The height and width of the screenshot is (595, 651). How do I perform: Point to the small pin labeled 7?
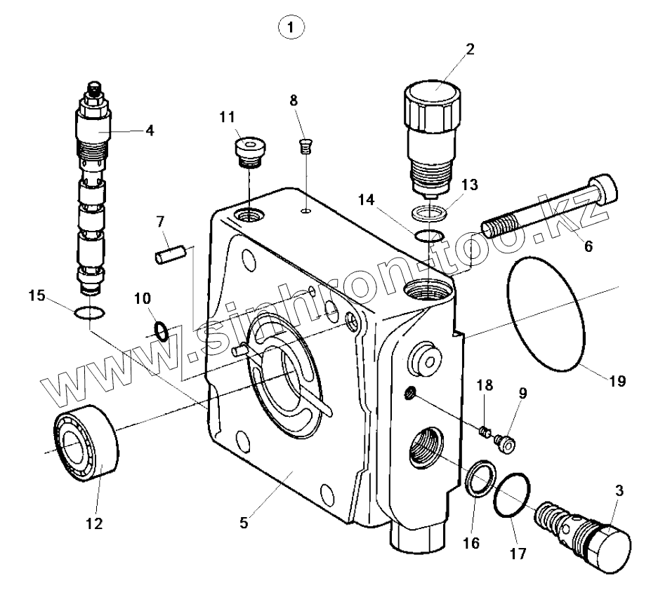tap(169, 251)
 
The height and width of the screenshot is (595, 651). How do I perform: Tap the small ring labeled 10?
tap(161, 329)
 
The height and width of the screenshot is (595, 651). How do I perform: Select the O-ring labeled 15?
tap(89, 312)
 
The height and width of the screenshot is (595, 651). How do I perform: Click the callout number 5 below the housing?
tap(244, 521)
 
